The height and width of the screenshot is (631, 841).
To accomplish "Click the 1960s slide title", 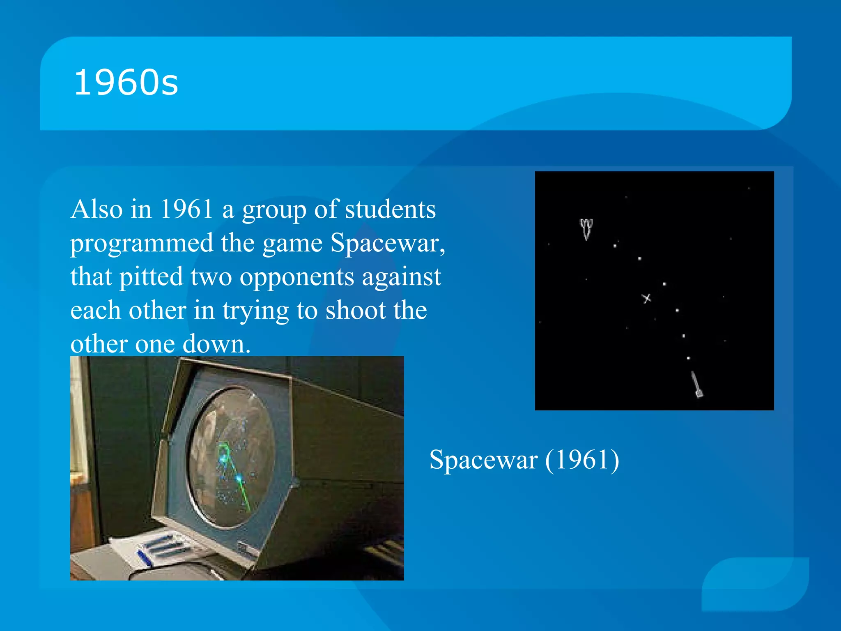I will [x=126, y=83].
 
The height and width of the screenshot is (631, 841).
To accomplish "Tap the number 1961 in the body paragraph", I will [x=187, y=209].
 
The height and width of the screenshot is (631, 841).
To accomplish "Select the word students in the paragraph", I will [x=390, y=209].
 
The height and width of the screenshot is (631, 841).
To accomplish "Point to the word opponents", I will [x=296, y=277].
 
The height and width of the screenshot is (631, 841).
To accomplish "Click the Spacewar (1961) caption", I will [x=524, y=460].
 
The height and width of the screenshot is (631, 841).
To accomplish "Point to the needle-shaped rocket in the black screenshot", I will [x=696, y=385].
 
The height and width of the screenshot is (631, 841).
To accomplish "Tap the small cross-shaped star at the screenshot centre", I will [x=646, y=298].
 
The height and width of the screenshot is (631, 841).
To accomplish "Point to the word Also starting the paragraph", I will [x=97, y=209].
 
